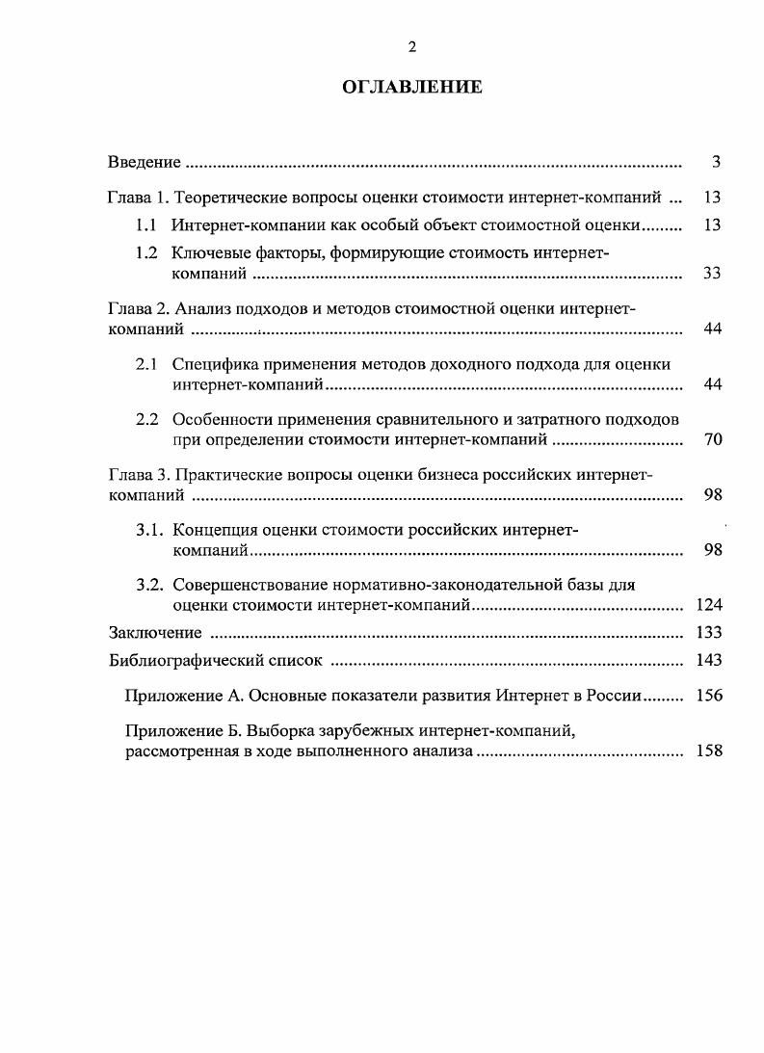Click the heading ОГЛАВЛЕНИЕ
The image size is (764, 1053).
click(x=412, y=88)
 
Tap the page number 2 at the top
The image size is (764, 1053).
click(x=412, y=47)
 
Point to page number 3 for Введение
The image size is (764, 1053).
click(x=716, y=161)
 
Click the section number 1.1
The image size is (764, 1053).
click(x=146, y=225)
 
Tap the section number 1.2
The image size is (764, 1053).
click(x=146, y=252)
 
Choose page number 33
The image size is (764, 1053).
click(x=712, y=274)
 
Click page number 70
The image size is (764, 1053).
click(x=712, y=440)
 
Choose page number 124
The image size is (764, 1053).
click(x=708, y=605)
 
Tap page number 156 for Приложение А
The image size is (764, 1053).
click(x=708, y=696)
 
